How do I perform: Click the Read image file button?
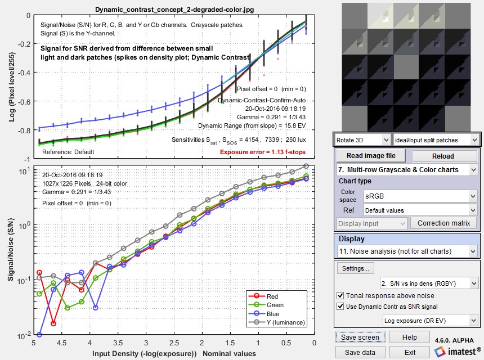point(371,156)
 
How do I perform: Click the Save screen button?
point(361,337)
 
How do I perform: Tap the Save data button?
point(361,352)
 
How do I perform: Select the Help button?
point(410,337)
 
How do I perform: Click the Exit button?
point(410,352)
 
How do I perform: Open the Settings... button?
point(356,268)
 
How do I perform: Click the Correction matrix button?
point(443,223)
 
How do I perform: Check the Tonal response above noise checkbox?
point(340,295)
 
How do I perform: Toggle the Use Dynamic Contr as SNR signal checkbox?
point(340,306)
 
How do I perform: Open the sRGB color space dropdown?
point(419,196)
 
